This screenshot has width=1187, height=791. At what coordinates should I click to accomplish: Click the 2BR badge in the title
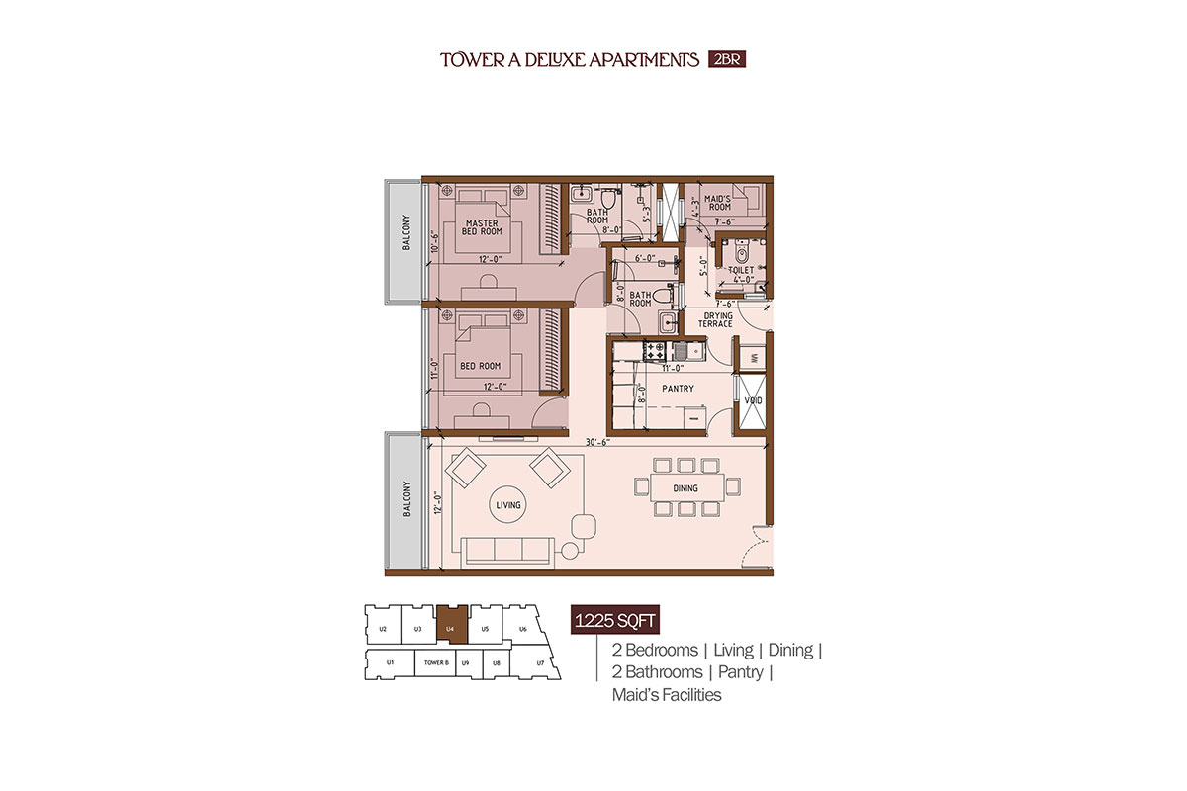pyautogui.click(x=727, y=59)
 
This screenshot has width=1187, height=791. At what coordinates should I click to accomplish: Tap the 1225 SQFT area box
pyautogui.click(x=614, y=620)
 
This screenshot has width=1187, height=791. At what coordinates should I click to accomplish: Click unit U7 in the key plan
pyautogui.click(x=540, y=662)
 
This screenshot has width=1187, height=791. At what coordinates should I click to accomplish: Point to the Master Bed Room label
pyautogui.click(x=482, y=227)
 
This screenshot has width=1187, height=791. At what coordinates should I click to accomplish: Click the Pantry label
pyautogui.click(x=678, y=389)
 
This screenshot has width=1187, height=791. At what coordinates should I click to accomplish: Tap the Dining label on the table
pyautogui.click(x=685, y=488)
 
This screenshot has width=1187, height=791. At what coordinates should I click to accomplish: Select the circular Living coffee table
pyautogui.click(x=508, y=505)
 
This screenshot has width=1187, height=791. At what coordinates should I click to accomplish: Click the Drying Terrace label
pyautogui.click(x=716, y=320)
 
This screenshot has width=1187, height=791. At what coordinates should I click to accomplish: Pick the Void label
pyautogui.click(x=753, y=400)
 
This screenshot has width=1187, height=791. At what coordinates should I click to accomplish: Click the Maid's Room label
pyautogui.click(x=717, y=203)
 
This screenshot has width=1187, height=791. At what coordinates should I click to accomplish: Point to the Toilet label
pyautogui.click(x=741, y=270)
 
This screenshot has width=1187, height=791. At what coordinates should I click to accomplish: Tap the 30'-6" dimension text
pyautogui.click(x=597, y=442)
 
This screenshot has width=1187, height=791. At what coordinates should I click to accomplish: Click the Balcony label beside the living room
pyautogui.click(x=407, y=499)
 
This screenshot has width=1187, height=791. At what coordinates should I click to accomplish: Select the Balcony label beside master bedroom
pyautogui.click(x=406, y=232)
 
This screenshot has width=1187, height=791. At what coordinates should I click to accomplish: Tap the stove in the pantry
pyautogui.click(x=655, y=350)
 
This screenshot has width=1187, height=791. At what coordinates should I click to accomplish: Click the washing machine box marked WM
pyautogui.click(x=753, y=358)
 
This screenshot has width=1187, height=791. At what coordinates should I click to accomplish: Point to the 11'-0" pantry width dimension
pyautogui.click(x=673, y=368)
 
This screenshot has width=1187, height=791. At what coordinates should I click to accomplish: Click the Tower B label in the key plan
pyautogui.click(x=436, y=662)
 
